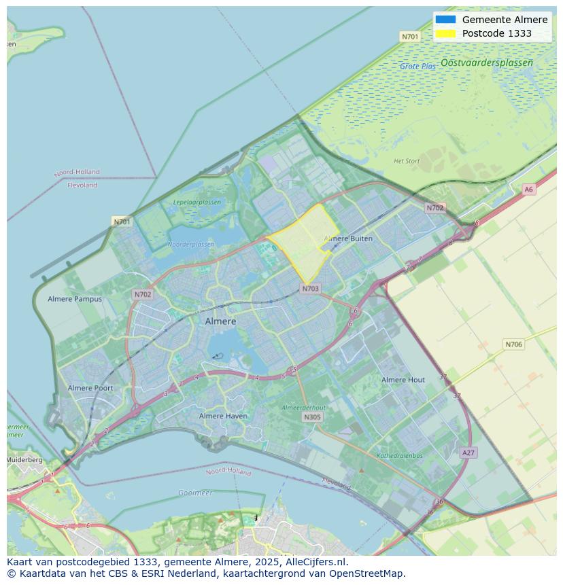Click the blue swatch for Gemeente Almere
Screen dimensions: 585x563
(x=446, y=20)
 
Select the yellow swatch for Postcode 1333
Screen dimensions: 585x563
(x=446, y=33)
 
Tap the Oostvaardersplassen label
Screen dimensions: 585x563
(x=486, y=63)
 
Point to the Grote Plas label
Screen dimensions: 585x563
(x=417, y=67)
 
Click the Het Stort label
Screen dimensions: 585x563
(x=407, y=161)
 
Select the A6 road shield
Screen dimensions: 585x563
(x=528, y=190)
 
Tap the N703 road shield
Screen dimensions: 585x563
(x=310, y=289)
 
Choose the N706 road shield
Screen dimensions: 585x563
(x=513, y=344)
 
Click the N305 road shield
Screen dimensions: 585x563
(x=312, y=417)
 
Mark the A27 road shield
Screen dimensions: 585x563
(x=468, y=453)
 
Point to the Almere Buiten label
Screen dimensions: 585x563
(x=348, y=238)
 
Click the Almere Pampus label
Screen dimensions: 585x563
(x=75, y=299)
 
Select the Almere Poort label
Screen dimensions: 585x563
(x=90, y=388)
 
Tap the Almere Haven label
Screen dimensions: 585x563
(x=223, y=416)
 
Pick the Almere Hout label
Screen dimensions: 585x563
(x=403, y=380)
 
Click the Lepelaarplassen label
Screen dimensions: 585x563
(x=197, y=202)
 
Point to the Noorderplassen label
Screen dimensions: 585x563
(x=190, y=245)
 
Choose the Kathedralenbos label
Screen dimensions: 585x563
(x=399, y=456)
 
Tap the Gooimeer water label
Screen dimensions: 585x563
(x=195, y=493)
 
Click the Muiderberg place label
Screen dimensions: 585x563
(x=24, y=460)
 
